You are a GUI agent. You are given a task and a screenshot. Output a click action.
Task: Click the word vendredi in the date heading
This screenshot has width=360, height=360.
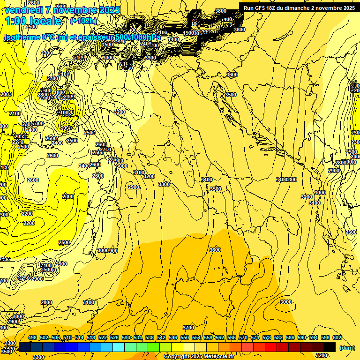23,9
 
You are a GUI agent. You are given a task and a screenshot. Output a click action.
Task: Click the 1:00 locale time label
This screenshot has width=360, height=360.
33,21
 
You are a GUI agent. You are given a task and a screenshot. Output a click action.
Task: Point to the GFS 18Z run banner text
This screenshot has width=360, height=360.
299,8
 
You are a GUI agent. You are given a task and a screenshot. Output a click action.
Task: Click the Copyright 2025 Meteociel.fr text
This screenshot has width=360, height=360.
199,356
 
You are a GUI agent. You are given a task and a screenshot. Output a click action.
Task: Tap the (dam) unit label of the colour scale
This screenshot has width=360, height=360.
346,347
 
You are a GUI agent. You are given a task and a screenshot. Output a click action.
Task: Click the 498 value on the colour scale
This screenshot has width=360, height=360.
32,338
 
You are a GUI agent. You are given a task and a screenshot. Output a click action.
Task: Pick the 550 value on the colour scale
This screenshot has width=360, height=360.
185,338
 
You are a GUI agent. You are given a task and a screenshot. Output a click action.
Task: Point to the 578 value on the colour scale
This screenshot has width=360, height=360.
266,338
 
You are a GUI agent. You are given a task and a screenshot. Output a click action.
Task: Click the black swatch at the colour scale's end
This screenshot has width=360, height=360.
330,347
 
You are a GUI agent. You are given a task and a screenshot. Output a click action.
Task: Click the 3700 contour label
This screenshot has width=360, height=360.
188,327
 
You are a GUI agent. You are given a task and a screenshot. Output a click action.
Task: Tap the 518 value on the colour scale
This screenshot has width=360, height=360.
91,338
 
